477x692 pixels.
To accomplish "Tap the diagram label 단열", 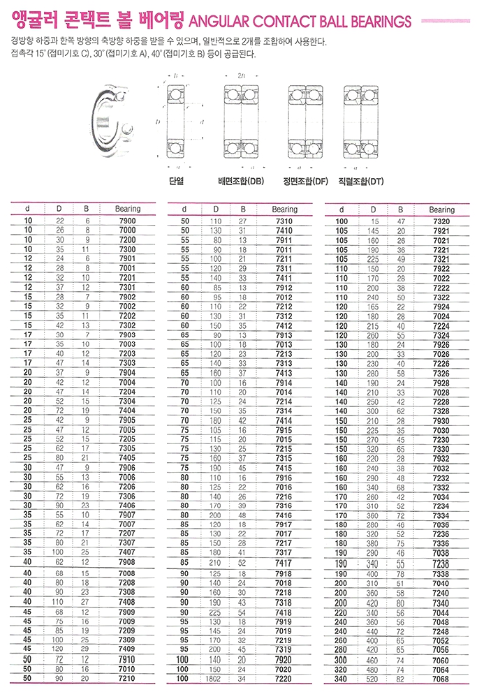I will pos(176,181).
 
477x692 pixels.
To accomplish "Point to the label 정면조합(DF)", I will pos(305,181).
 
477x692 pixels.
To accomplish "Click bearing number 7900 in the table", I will pos(128,221).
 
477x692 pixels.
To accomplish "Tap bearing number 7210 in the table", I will pos(128,678).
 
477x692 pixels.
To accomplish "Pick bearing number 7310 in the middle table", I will pos(284,221).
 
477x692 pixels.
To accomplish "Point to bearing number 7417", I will pos(284,562).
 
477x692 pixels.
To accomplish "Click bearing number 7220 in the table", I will pos(284,678).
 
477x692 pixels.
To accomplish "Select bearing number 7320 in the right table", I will pos(441,221).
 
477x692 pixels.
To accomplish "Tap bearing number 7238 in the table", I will pos(441,563).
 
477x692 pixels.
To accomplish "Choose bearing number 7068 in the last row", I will pos(441,678).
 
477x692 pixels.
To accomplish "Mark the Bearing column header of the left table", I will pos(128,209).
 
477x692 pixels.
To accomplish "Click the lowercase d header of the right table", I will pos(342,209).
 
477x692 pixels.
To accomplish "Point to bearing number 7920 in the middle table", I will pos(284,658).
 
